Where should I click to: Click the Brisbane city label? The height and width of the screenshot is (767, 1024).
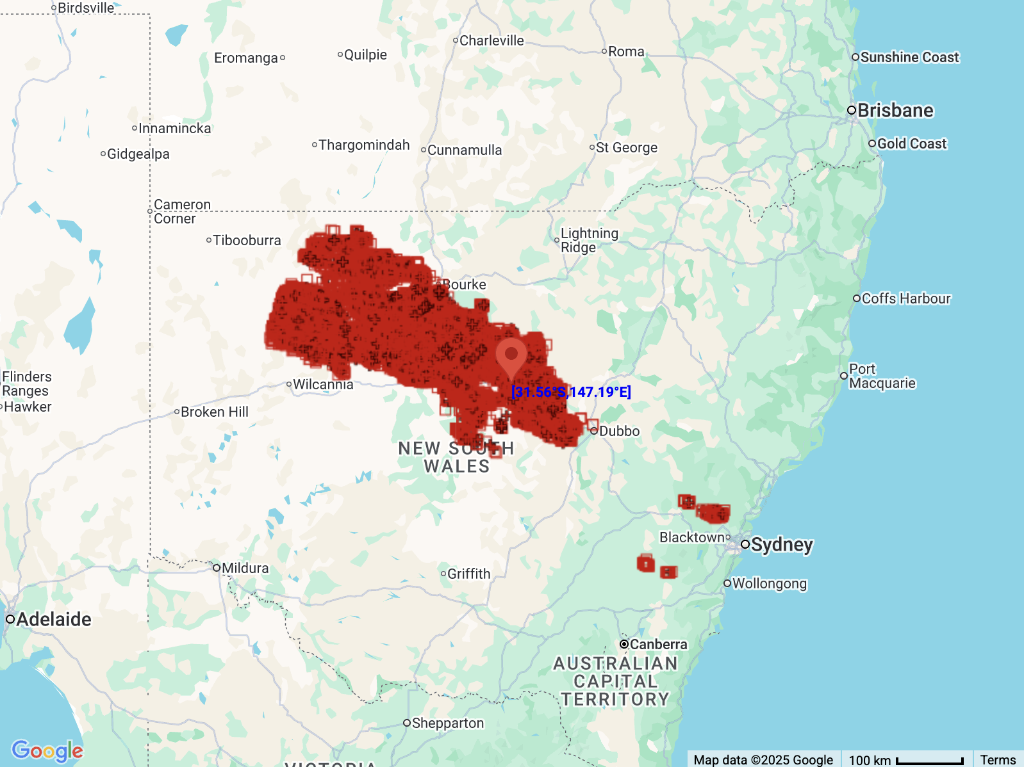point(895,111)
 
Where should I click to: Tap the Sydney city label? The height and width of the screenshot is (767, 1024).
point(781,545)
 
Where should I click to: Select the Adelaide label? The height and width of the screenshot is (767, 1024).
point(53,619)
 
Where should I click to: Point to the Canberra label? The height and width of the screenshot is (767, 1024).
point(657,644)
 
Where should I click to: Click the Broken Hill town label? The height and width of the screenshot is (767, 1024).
point(214,412)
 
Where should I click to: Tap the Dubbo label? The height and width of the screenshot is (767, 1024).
point(619,431)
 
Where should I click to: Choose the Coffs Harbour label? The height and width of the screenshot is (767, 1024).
point(905,298)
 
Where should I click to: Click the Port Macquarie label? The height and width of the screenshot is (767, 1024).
point(882,376)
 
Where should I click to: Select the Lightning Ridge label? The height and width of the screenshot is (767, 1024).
point(589,240)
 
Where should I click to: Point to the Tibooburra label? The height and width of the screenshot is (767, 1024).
point(247,240)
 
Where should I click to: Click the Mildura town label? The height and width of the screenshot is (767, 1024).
point(245,568)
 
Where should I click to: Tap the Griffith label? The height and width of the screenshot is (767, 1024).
point(468,574)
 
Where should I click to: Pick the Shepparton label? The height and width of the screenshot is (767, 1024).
point(447,723)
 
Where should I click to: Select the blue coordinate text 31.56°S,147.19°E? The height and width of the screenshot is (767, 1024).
point(571,392)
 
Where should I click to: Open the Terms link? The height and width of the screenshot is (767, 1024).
point(998,760)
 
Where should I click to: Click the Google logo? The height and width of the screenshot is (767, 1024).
point(47,750)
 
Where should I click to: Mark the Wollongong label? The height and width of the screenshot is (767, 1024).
point(769,583)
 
